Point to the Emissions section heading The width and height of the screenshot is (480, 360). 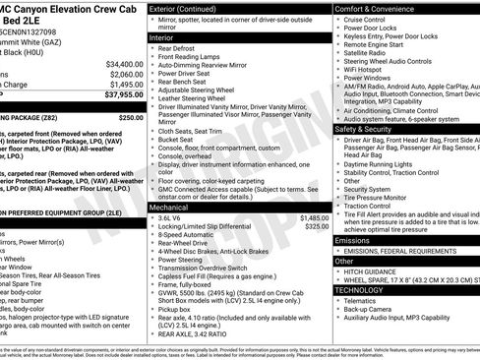352,240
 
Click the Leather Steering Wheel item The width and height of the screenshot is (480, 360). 201,98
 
